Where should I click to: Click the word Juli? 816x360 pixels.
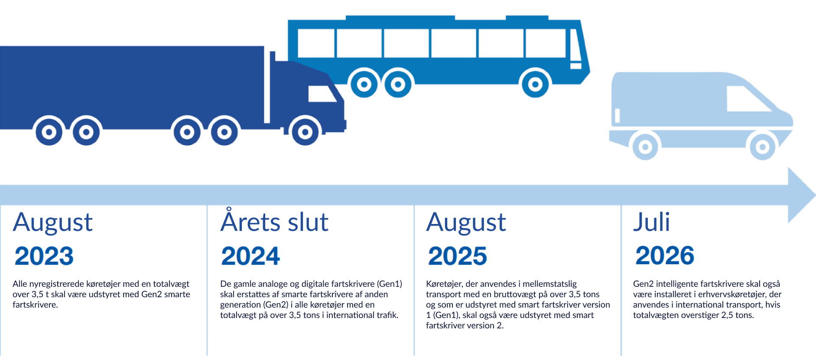pos(651,222)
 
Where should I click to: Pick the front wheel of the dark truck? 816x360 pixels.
pos(305,131)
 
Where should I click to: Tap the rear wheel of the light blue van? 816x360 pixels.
pos(645,147)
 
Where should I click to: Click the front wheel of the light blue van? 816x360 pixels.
pos(763,147)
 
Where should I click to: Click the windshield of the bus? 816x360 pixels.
pos(575,45)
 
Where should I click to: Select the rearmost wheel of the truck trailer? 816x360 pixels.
pos(49,131)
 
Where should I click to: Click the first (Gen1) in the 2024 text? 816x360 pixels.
pos(390,284)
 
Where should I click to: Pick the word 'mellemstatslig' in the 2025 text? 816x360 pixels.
pos(549,284)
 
